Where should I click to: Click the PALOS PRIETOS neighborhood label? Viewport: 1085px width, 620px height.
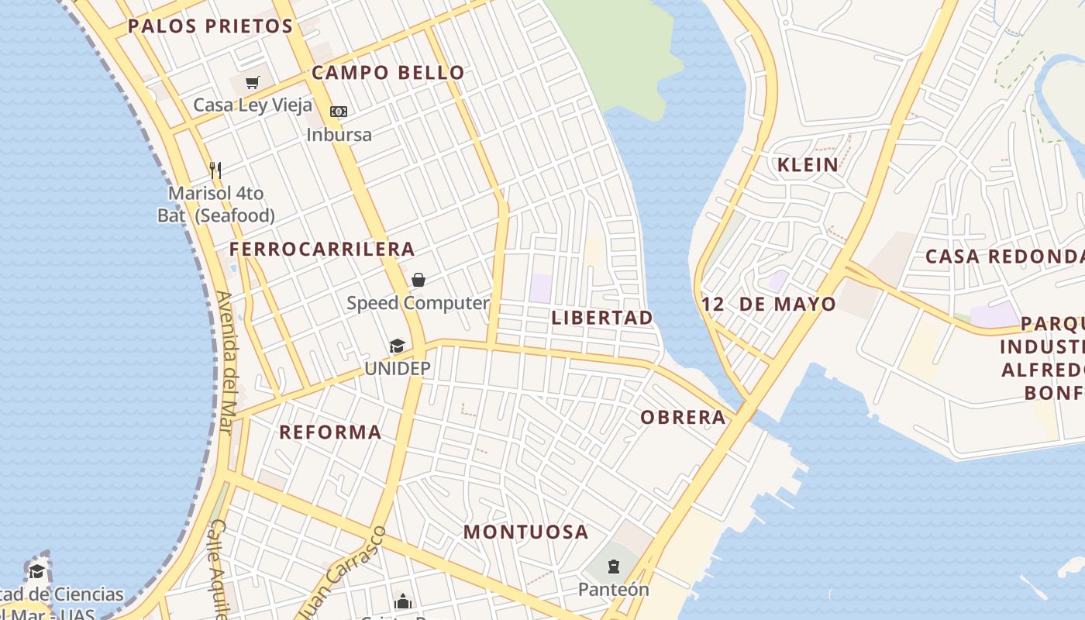click(x=210, y=26)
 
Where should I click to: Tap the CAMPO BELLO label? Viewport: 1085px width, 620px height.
click(x=388, y=73)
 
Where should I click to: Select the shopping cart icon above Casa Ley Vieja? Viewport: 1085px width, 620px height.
click(x=252, y=82)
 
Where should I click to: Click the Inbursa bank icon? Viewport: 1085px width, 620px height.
click(x=339, y=112)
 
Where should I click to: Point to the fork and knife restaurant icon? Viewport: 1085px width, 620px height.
click(x=215, y=170)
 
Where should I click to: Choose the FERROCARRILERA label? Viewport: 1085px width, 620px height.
click(x=322, y=250)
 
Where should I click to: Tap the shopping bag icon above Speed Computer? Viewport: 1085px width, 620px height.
click(x=418, y=280)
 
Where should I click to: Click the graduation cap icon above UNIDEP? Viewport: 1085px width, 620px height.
click(x=397, y=346)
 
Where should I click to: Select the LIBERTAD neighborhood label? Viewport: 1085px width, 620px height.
click(x=602, y=318)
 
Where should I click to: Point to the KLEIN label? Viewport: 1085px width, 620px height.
click(x=808, y=164)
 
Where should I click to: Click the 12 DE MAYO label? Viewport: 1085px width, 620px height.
click(x=769, y=305)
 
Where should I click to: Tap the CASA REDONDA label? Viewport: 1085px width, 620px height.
click(x=1004, y=257)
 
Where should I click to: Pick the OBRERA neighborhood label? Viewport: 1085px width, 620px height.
click(x=684, y=418)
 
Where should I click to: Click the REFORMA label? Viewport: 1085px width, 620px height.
click(x=330, y=432)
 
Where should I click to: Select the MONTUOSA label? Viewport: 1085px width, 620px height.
click(x=526, y=532)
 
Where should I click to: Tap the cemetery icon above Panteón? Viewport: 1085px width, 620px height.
click(x=614, y=567)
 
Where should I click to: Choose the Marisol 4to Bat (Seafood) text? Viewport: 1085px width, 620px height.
click(x=216, y=205)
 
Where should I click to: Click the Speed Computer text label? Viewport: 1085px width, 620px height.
click(x=418, y=303)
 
